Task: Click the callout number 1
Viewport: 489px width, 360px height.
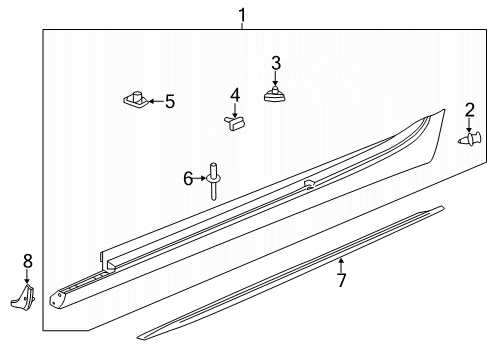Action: (x=242, y=15)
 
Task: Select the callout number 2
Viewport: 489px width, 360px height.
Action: (x=469, y=110)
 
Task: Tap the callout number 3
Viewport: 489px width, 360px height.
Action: (x=276, y=63)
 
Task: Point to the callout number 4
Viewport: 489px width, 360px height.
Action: (x=235, y=95)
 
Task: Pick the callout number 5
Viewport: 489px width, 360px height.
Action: (x=170, y=101)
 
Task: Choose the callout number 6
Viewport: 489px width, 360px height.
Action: (x=188, y=179)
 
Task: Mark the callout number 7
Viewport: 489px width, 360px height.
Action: (x=341, y=280)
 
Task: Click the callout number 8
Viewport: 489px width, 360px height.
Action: (x=28, y=261)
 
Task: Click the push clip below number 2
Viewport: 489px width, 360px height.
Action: (x=470, y=139)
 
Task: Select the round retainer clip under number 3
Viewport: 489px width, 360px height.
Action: (x=275, y=95)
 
